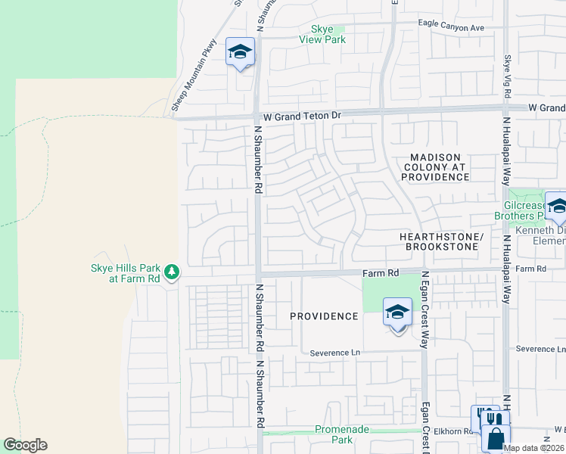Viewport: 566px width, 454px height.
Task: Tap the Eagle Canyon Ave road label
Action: (x=451, y=26)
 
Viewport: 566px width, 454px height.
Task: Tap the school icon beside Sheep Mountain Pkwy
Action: (x=241, y=52)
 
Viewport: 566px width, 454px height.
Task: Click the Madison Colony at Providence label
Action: (x=435, y=166)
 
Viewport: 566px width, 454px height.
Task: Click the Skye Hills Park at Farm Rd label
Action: (x=125, y=273)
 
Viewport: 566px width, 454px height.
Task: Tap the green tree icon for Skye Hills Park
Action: (x=172, y=272)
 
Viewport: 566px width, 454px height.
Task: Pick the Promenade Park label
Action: (x=343, y=434)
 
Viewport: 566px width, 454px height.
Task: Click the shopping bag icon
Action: (x=496, y=439)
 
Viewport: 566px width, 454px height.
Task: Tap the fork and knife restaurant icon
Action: (x=490, y=418)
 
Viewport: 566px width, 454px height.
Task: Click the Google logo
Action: (x=25, y=445)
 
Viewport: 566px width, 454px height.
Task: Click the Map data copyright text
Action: (x=534, y=448)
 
